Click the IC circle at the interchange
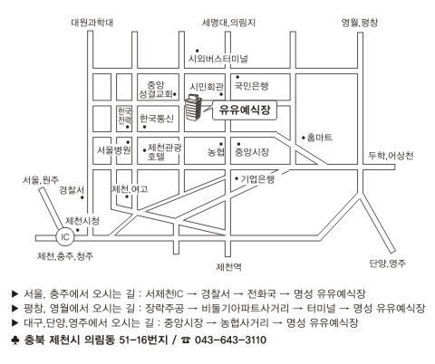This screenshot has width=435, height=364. [65, 237]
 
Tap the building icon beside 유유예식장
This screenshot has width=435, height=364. [193, 107]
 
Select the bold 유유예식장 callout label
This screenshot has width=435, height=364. [245, 110]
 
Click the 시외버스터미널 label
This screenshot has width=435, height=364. [218, 58]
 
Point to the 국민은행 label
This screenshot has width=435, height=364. [251, 86]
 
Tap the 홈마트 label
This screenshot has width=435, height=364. [320, 138]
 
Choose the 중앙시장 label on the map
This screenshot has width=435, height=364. [252, 152]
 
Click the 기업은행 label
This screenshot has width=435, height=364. [257, 178]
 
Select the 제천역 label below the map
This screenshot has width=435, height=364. [228, 267]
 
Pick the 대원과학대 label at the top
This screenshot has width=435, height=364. [92, 23]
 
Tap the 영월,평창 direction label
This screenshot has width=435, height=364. [360, 23]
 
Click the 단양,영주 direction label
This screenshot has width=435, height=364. [388, 263]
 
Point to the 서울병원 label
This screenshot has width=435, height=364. [114, 150]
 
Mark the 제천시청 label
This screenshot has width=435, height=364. [82, 221]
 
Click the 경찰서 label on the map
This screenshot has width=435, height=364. [72, 190]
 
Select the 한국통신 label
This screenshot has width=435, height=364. [157, 119]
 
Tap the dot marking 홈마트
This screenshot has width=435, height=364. [304, 138]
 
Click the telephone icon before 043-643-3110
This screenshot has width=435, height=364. [186, 340]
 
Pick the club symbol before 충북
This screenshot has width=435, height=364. [15, 340]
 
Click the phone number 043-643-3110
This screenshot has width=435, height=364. [230, 340]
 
